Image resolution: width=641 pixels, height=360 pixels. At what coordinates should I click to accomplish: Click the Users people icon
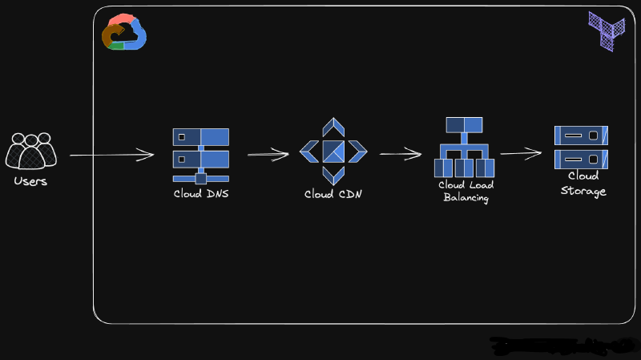pyautogui.click(x=30, y=150)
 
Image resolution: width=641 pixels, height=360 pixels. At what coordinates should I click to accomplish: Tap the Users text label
pyautogui.click(x=30, y=181)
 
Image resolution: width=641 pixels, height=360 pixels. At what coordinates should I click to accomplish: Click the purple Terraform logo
pyautogui.click(x=607, y=31)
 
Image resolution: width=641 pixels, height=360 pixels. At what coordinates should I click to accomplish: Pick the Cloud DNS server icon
pyautogui.click(x=200, y=155)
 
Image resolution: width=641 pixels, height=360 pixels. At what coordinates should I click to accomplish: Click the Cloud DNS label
pyautogui.click(x=200, y=193)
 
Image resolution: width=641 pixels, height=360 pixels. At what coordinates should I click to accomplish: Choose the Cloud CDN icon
pyautogui.click(x=333, y=151)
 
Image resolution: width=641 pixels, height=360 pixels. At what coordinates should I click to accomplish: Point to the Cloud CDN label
pyautogui.click(x=333, y=194)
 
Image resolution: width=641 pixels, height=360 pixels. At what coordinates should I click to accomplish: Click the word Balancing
pyautogui.click(x=466, y=197)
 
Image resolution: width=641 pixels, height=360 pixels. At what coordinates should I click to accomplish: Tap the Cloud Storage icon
pyautogui.click(x=582, y=147)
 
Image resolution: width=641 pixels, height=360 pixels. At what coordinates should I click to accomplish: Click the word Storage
pyautogui.click(x=583, y=192)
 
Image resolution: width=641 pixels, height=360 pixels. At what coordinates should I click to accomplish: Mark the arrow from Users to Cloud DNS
pyautogui.click(x=112, y=154)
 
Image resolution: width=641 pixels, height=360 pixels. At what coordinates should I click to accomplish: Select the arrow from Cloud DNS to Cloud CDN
pyautogui.click(x=268, y=154)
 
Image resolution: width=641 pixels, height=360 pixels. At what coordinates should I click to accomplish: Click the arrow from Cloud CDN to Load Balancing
pyautogui.click(x=401, y=154)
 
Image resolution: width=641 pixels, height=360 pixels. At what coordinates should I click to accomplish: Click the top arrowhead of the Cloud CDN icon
pyautogui.click(x=333, y=127)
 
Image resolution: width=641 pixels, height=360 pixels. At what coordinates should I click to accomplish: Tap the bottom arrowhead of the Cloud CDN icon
pyautogui.click(x=333, y=175)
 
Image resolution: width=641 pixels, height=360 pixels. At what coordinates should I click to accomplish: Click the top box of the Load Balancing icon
pyautogui.click(x=465, y=125)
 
